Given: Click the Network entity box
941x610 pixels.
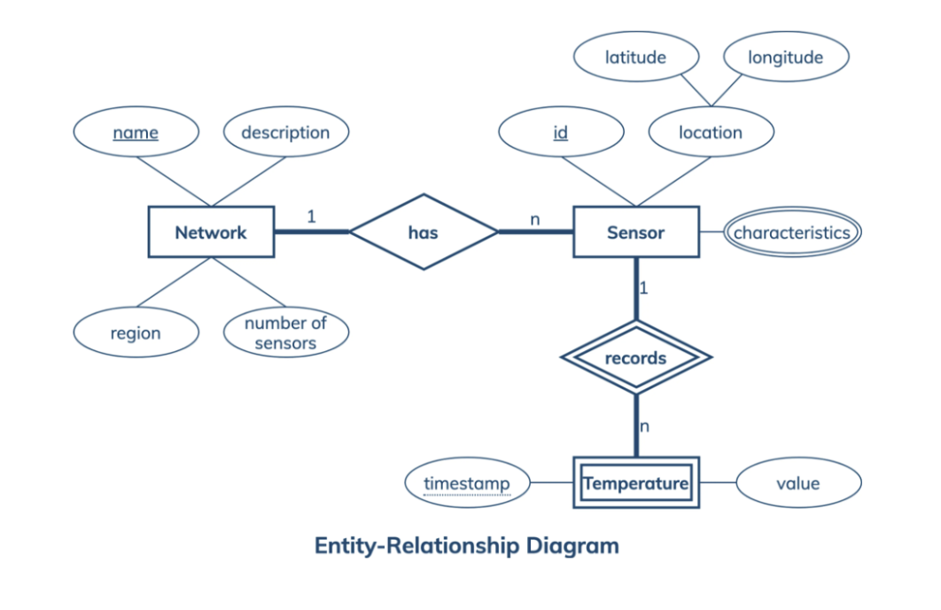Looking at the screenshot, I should tap(210, 232).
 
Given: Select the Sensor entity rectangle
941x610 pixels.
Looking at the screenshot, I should tap(635, 232).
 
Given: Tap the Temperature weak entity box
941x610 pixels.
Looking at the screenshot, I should tap(635, 483).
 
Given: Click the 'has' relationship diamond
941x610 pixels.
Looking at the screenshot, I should tap(423, 232).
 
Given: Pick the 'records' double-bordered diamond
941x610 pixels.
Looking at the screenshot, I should tap(635, 358).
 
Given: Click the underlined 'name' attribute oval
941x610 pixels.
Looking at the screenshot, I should tap(136, 132).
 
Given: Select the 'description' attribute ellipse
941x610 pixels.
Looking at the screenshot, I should tap(285, 132).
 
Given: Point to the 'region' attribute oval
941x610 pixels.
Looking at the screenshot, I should tap(136, 333).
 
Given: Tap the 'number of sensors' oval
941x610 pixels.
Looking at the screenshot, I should tap(285, 333).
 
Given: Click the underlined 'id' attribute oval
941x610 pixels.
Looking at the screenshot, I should tap(560, 132).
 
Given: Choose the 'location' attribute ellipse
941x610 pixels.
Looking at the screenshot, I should tap(711, 132).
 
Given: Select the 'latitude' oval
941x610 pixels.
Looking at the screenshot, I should tap(635, 58).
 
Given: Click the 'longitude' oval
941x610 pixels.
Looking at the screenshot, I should tap(785, 58).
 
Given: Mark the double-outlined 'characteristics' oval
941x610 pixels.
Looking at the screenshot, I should tap(791, 233).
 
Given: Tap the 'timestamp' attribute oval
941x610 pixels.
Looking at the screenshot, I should tap(467, 484).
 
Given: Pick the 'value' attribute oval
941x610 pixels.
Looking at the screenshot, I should tap(798, 484).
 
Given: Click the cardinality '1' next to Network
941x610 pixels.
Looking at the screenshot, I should tap(311, 215).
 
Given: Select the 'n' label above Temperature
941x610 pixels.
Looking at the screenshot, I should tap(644, 426).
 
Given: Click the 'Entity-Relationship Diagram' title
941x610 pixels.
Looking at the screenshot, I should tap(466, 545).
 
